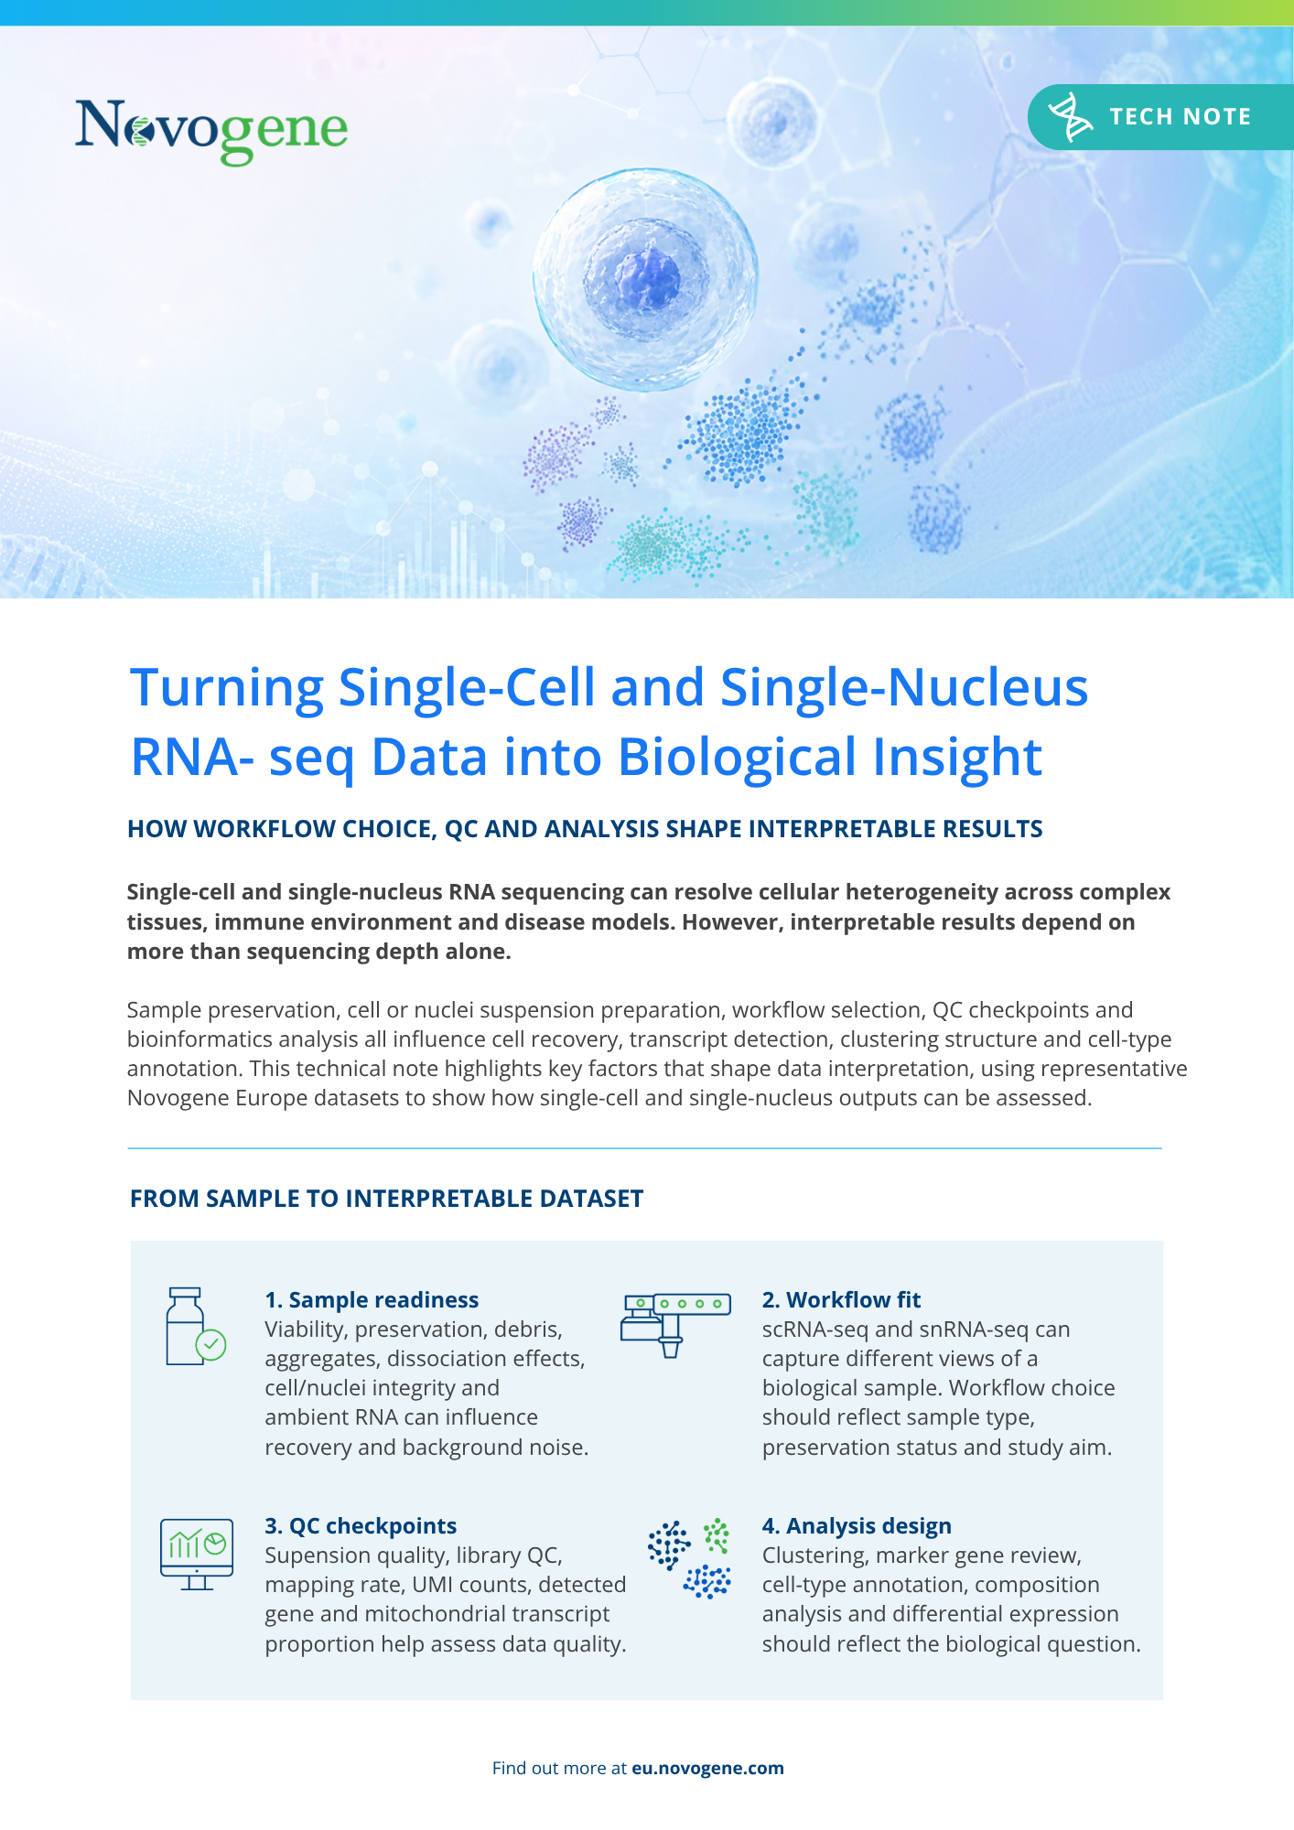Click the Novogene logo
click(211, 132)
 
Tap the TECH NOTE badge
click(1160, 117)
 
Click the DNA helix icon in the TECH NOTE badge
click(1070, 117)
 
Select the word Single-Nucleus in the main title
click(904, 688)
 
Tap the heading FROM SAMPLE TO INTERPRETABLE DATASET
click(386, 1199)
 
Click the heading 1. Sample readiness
click(372, 1300)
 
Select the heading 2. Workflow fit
click(841, 1300)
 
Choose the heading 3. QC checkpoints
click(361, 1526)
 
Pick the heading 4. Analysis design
click(857, 1526)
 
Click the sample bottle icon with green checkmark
click(195, 1327)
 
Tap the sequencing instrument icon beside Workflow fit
click(675, 1324)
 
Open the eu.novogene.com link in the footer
click(707, 1768)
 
